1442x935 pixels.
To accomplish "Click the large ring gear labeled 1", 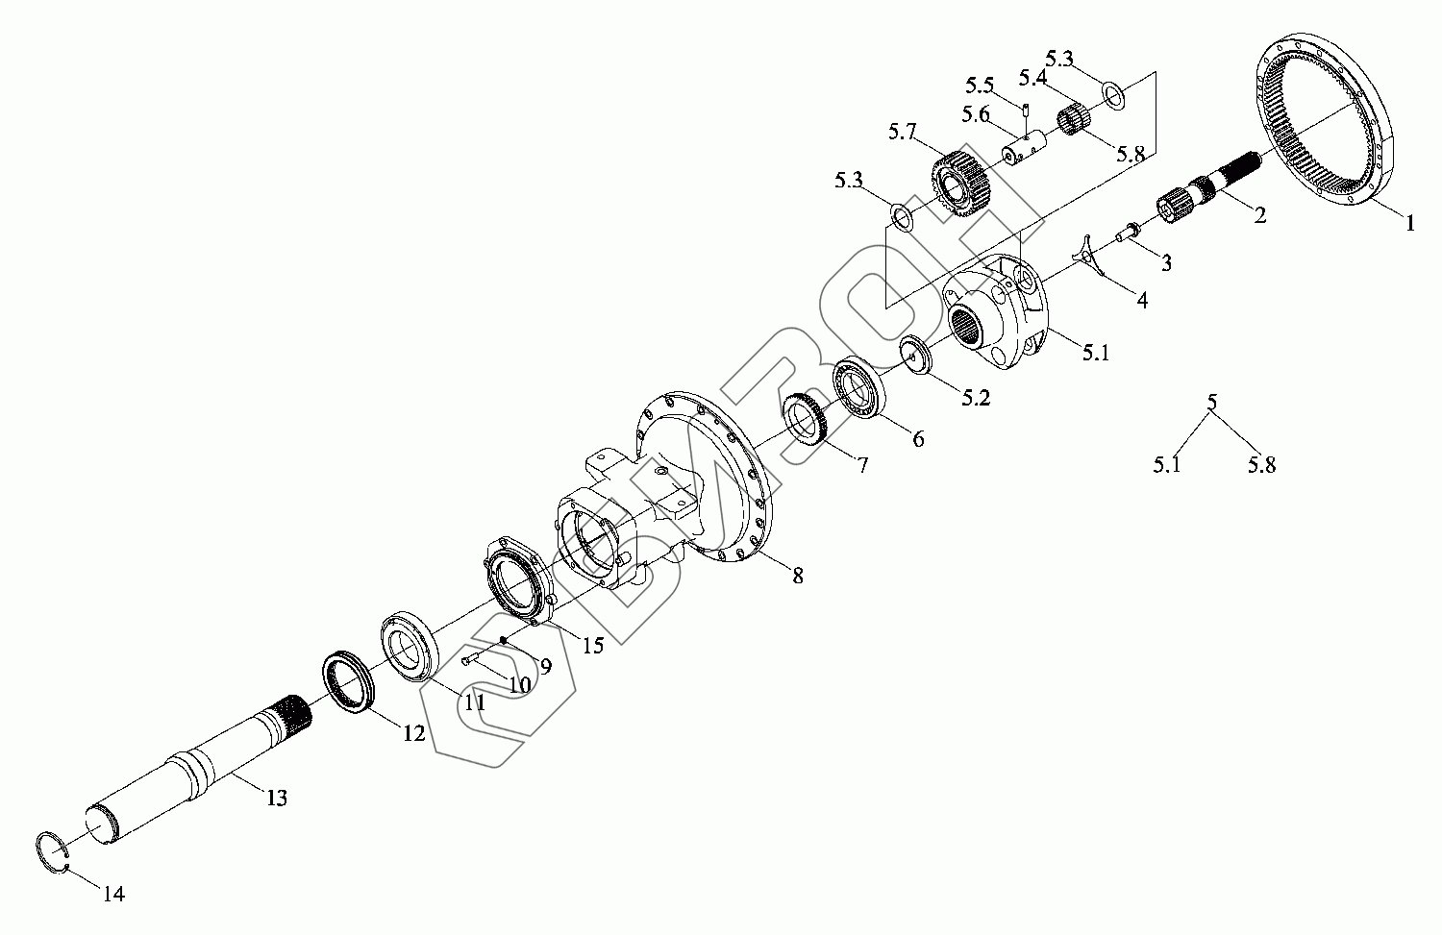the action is (1326, 123).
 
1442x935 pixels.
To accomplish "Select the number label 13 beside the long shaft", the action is (276, 798).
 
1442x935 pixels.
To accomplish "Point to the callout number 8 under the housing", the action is (797, 577).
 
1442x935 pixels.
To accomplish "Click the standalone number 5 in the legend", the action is (1211, 402).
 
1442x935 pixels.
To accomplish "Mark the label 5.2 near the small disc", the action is (975, 398).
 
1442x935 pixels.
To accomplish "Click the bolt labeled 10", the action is (469, 659).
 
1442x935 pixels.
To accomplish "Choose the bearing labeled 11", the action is (410, 645).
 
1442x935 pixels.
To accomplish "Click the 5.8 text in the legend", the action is (1261, 466).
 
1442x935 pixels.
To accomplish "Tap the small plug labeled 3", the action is (1126, 231).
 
